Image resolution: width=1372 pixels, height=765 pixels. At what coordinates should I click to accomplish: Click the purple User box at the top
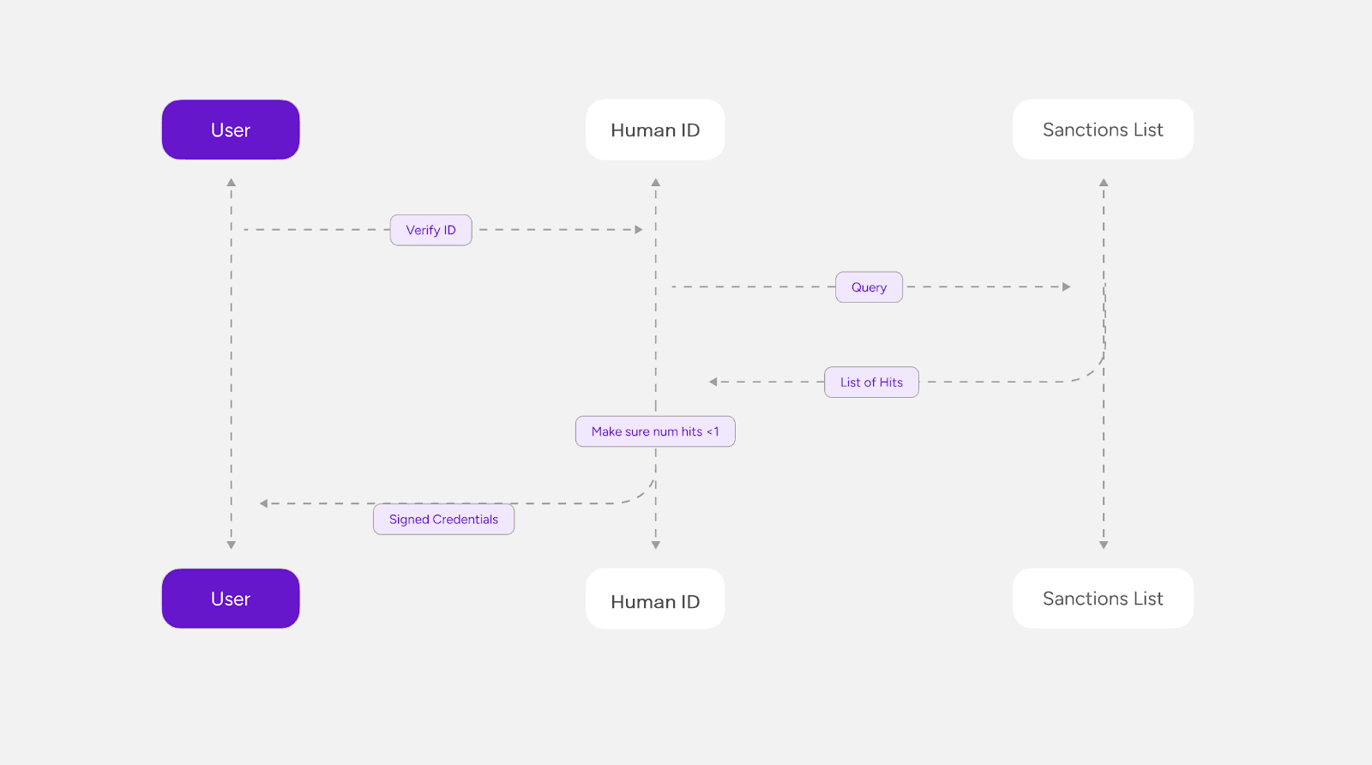[x=231, y=130]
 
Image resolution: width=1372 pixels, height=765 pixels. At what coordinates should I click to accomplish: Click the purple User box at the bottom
[x=231, y=599]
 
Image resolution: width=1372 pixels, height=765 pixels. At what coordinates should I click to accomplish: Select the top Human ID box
[x=655, y=130]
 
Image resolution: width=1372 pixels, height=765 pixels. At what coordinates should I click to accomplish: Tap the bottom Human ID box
[x=655, y=599]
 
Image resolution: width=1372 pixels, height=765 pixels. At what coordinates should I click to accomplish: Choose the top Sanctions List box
[x=1103, y=130]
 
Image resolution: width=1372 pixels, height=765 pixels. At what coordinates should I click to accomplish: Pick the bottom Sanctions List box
[x=1103, y=599]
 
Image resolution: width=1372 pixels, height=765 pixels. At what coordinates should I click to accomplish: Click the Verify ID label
[x=431, y=231]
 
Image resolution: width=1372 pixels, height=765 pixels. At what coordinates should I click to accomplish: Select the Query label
[x=870, y=287]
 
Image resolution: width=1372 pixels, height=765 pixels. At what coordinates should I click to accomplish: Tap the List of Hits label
[x=871, y=382]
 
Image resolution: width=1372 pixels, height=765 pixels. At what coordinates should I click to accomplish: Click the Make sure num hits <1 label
[x=655, y=431]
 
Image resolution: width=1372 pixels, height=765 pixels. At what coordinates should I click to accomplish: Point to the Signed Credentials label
[x=444, y=520]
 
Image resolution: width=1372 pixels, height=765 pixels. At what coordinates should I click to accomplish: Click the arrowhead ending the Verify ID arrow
[x=639, y=230]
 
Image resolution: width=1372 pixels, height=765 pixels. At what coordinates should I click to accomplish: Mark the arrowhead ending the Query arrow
[x=1067, y=286]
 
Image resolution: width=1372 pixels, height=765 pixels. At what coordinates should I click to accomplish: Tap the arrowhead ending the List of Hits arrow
[x=713, y=382]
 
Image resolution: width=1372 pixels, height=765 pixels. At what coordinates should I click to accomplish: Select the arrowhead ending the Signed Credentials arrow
[x=263, y=503]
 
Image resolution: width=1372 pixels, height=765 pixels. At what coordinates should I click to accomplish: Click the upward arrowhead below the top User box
[x=231, y=183]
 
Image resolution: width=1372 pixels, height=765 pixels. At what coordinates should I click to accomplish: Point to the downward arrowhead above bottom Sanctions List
[x=1104, y=545]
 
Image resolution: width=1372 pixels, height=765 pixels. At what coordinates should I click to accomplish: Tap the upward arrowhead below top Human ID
[x=655, y=183]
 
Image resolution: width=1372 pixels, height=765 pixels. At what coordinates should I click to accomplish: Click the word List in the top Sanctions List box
[x=1147, y=130]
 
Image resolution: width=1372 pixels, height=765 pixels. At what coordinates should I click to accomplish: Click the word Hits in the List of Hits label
[x=890, y=382]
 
